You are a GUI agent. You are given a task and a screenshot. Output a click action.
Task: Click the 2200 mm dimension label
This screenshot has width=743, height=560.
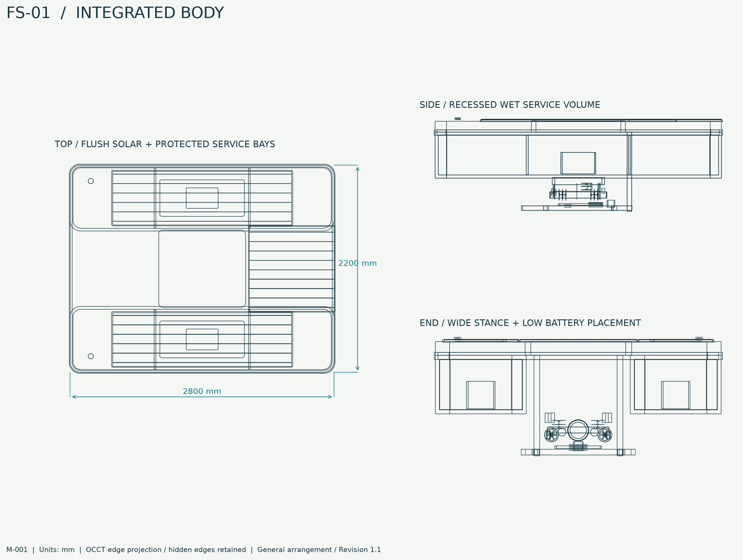tap(357, 263)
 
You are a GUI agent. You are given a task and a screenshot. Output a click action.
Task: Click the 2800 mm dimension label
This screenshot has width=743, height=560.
tap(202, 391)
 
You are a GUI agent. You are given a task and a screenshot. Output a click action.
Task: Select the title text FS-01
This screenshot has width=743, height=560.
tap(28, 13)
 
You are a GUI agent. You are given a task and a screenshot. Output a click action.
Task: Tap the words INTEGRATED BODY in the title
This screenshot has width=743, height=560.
tap(150, 13)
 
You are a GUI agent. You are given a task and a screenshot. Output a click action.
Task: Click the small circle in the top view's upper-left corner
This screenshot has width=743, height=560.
tap(91, 181)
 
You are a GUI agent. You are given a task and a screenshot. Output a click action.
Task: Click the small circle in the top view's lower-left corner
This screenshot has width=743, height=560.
tap(91, 356)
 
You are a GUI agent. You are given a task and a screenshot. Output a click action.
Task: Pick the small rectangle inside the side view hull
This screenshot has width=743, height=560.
tap(578, 163)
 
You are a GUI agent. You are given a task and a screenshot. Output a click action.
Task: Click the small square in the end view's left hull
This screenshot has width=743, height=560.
tap(480, 395)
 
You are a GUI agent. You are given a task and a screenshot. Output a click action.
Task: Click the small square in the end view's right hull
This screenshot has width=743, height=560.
tap(675, 395)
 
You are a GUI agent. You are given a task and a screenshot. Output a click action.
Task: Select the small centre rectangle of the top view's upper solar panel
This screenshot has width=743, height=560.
tap(202, 198)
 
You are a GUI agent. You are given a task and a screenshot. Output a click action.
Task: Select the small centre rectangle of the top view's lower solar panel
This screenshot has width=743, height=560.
tap(202, 339)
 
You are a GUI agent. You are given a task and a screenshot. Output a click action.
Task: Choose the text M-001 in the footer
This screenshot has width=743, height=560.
tap(17, 550)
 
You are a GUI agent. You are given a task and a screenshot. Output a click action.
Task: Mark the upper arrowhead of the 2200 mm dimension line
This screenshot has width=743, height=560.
tap(357, 168)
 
